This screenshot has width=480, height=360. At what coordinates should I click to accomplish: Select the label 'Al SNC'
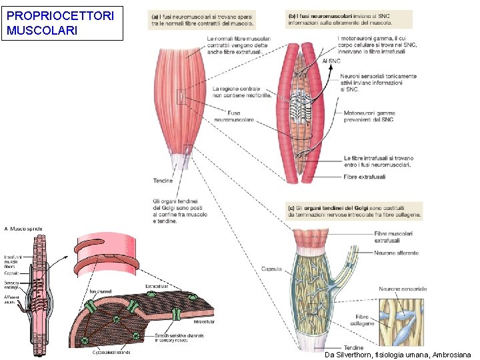pyautogui.click(x=331, y=61)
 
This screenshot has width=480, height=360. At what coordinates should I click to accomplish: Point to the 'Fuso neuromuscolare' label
pyautogui.click(x=234, y=116)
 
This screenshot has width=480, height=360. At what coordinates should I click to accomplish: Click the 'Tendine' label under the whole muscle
pyautogui.click(x=163, y=181)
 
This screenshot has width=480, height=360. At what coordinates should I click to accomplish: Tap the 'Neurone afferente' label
pyautogui.click(x=397, y=253)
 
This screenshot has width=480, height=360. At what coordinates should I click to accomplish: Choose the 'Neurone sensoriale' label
pyautogui.click(x=403, y=289)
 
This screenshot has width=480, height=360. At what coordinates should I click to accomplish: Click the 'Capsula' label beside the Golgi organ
pyautogui.click(x=271, y=269)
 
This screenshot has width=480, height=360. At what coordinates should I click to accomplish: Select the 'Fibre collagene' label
pyautogui.click(x=361, y=319)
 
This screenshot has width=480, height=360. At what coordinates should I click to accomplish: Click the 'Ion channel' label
pyautogui.click(x=101, y=291)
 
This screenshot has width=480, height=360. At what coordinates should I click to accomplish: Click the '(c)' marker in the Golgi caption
pyautogui.click(x=292, y=208)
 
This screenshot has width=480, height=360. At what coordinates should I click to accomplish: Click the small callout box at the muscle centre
pyautogui.click(x=181, y=97)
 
